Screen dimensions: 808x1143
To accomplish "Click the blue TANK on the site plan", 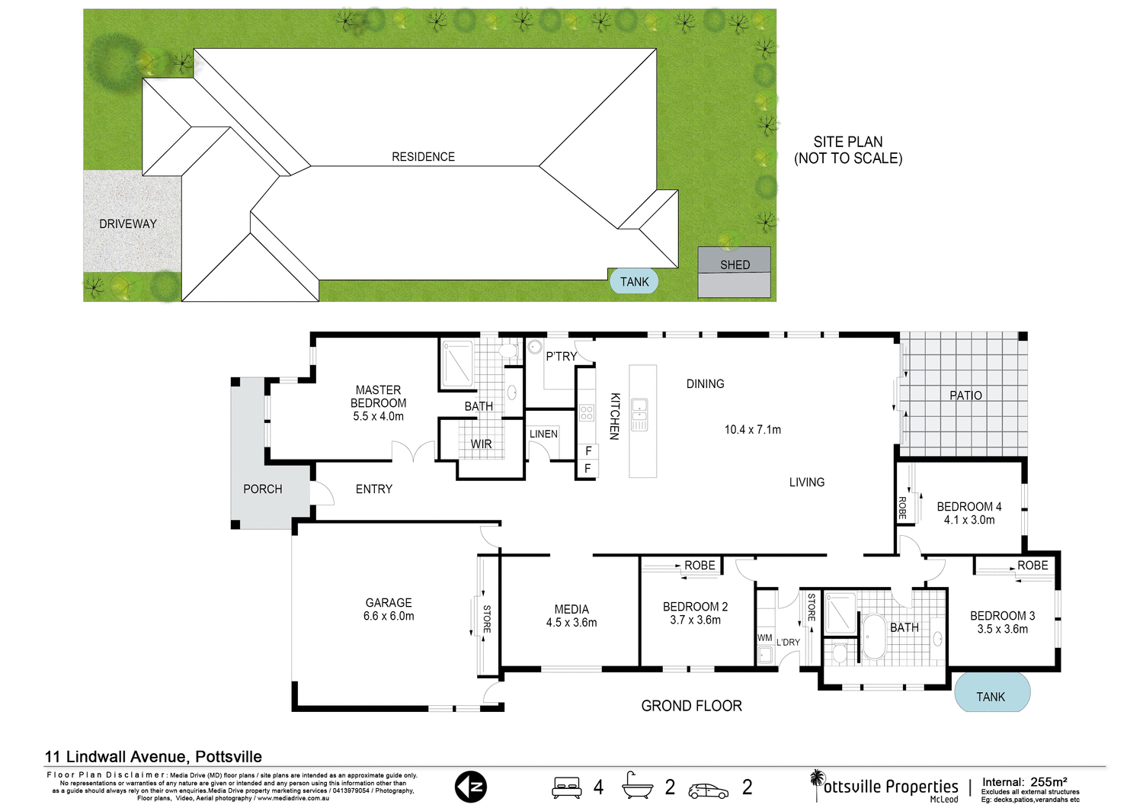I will click(x=634, y=281).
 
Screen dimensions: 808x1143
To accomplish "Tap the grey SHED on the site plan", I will click(x=735, y=271).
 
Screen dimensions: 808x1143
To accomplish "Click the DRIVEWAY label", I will click(x=128, y=223).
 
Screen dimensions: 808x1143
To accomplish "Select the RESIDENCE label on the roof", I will click(x=423, y=156).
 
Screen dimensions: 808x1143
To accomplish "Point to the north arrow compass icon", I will click(x=470, y=787).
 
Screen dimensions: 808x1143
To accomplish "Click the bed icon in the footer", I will click(x=567, y=787).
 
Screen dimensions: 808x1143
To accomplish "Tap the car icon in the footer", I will click(x=708, y=790).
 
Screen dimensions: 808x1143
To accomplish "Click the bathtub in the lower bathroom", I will click(x=873, y=636).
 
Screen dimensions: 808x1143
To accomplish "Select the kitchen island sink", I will click(x=639, y=414).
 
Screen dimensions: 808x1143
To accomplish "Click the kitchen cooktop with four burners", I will click(x=586, y=413).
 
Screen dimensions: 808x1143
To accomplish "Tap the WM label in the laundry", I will click(x=765, y=637).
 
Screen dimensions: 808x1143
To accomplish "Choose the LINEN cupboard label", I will click(x=543, y=434).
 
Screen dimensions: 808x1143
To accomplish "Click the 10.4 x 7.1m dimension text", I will click(x=752, y=429).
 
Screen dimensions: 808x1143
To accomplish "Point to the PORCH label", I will click(x=263, y=489).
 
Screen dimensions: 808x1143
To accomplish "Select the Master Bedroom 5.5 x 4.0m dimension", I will click(x=378, y=416).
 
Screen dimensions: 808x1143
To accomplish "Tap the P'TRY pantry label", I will click(x=561, y=356).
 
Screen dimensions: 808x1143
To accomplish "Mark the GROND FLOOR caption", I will click(x=691, y=706).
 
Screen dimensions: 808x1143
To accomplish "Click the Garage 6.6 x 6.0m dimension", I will click(x=389, y=616).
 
